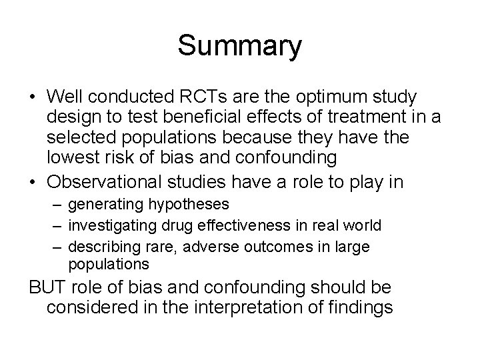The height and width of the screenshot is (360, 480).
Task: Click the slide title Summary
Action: coord(240,46)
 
